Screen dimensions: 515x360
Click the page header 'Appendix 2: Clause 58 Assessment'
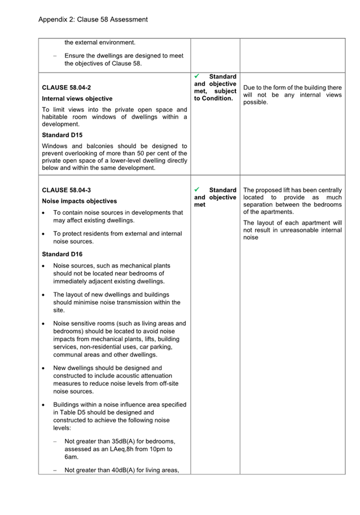[93, 19]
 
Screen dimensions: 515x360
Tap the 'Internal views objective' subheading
[77, 99]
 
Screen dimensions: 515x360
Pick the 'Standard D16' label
[62, 254]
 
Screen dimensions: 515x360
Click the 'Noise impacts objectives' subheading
[80, 201]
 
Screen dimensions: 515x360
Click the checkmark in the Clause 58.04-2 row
[197, 76]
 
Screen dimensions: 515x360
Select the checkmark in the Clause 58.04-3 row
[197, 190]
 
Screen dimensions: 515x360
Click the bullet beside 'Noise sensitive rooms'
[44, 324]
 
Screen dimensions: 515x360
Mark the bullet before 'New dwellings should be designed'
[44, 368]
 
